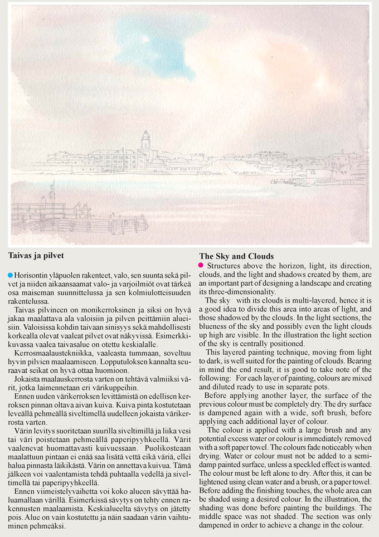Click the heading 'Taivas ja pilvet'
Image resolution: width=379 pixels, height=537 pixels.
pos(36,256)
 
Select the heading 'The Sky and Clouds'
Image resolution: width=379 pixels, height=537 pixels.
pos(236,256)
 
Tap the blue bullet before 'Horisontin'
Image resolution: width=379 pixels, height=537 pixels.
pos(11,275)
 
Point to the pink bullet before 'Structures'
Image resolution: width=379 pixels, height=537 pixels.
pos(202,265)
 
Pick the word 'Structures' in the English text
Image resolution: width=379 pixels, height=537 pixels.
pos(225,266)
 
